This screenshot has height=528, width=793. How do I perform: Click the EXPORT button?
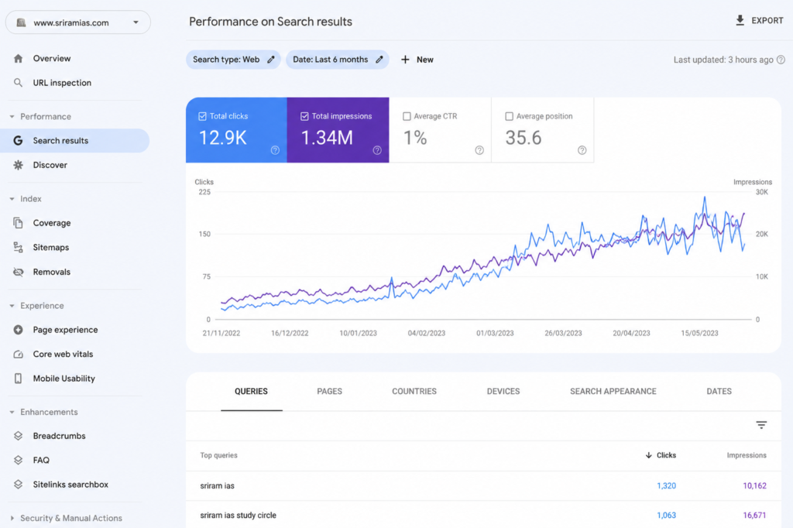point(759,21)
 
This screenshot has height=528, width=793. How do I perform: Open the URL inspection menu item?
point(62,82)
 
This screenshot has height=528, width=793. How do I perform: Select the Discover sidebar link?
point(50,165)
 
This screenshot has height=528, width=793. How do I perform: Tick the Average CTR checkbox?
point(407,116)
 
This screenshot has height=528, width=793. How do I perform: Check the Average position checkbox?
point(510,116)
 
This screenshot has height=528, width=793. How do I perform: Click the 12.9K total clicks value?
point(222,138)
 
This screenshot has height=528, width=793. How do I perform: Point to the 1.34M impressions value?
point(327,138)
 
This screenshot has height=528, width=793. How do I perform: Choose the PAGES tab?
point(329,392)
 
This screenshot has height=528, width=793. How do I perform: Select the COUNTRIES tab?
point(414,392)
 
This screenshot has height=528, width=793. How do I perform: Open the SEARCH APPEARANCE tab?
point(613,392)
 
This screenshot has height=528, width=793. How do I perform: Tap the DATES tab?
point(719,392)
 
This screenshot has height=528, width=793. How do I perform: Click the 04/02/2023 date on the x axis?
point(427,333)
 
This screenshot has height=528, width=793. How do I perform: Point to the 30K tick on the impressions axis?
point(762,192)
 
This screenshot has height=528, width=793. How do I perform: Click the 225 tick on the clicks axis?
point(204,192)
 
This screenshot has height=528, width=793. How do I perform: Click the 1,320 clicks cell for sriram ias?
point(666,485)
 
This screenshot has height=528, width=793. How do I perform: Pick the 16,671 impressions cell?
point(754,516)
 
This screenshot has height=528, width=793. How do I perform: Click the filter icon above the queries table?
point(761,425)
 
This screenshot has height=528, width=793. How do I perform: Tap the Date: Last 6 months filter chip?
point(338,60)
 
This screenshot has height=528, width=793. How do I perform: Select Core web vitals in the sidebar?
point(63,354)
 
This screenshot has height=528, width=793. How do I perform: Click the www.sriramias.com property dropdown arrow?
point(136,22)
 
